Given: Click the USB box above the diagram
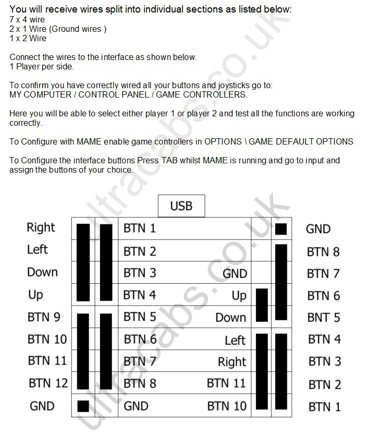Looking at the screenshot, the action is point(181,206).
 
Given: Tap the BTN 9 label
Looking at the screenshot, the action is point(44,317).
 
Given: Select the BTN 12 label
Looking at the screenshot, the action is point(48,383).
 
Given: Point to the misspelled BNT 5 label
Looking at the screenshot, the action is point(324,318).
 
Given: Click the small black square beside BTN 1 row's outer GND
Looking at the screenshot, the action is point(281,229).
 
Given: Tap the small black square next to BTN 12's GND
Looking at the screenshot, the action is point(83,406).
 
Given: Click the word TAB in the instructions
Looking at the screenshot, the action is point(169,160).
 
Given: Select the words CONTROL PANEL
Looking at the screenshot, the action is point(114,94).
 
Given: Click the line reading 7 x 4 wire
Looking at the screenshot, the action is point(27,20).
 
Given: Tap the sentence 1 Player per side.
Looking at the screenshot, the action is point(42,67).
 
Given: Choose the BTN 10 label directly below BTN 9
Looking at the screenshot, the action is point(47,339).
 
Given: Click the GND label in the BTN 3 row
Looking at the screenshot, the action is point(235,273).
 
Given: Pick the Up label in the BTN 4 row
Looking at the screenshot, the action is point(239,296).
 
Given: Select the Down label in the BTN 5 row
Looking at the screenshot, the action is point(230,318).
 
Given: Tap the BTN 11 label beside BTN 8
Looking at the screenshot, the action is point(226,383).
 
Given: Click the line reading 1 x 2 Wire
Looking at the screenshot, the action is point(28,38).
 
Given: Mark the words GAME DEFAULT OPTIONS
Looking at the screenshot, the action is point(301,141).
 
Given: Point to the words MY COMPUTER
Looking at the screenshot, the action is point(41,94).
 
